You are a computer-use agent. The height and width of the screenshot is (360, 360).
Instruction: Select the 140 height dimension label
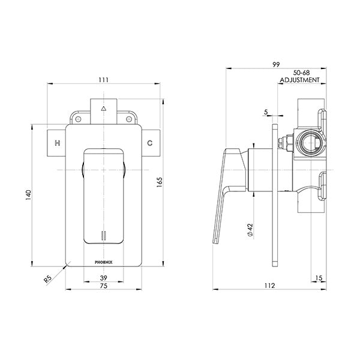point(28,194)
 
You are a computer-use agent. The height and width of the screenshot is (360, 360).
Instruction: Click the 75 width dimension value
point(103,286)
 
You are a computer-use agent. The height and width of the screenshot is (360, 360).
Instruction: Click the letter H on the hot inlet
point(58,143)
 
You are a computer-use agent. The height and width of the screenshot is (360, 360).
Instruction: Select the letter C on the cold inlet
point(150,143)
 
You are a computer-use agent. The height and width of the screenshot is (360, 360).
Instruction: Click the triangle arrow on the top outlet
point(104,109)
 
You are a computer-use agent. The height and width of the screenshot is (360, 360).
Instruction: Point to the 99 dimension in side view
point(277,62)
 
